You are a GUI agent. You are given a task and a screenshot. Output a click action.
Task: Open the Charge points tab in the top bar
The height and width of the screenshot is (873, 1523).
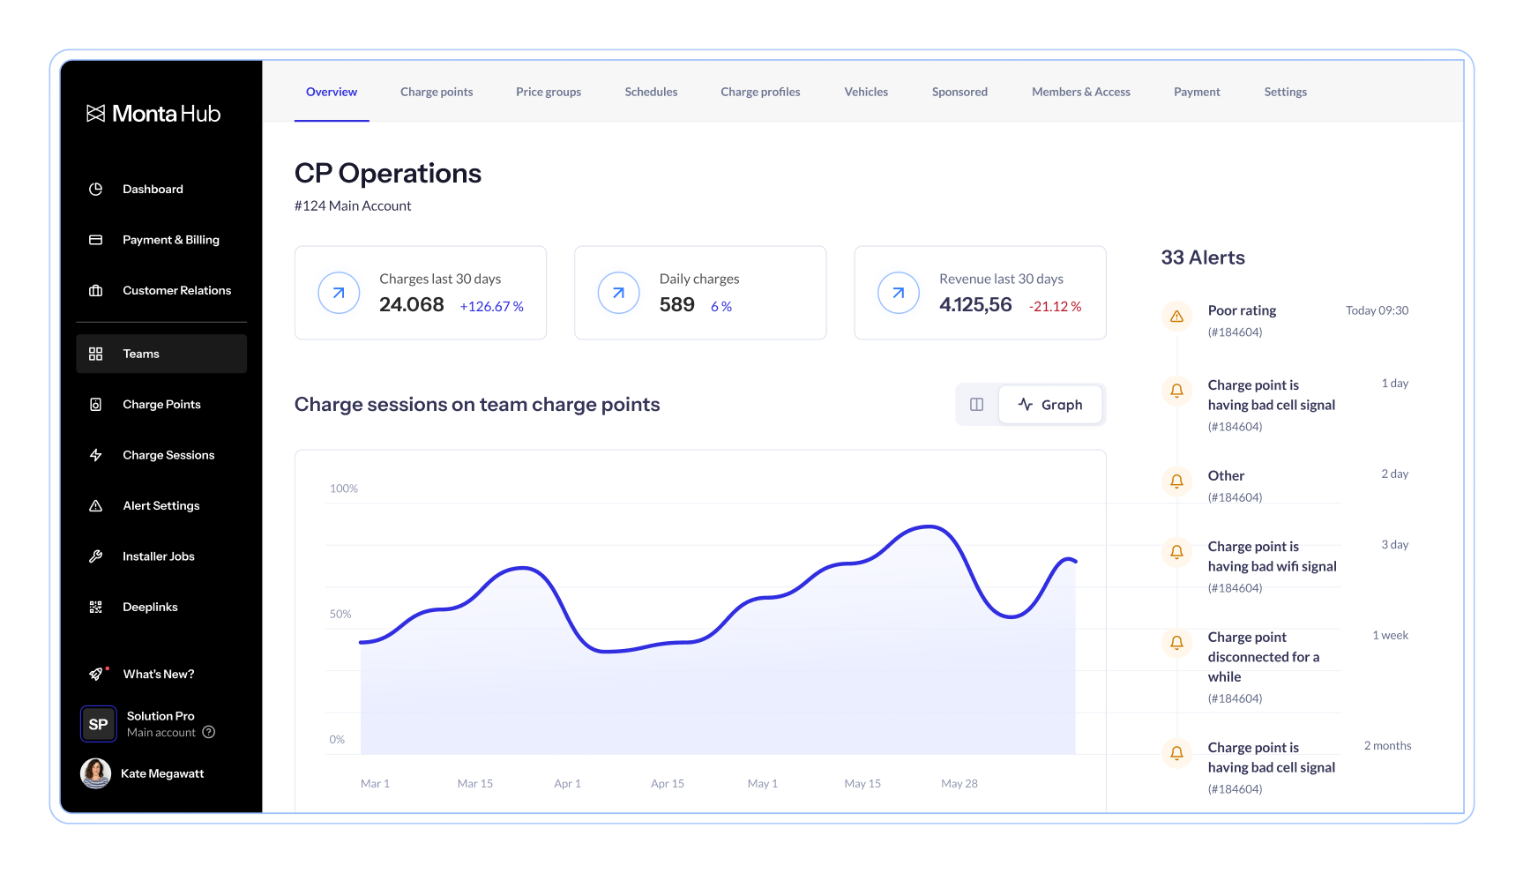437,92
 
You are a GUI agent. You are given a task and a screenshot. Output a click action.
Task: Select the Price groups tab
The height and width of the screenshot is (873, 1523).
549,92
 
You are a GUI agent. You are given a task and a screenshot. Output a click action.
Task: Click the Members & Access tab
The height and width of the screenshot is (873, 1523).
1081,92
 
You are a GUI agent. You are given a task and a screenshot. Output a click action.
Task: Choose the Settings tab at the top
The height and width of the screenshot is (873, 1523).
1286,92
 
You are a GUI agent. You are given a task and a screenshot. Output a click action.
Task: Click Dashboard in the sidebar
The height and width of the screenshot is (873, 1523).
153,189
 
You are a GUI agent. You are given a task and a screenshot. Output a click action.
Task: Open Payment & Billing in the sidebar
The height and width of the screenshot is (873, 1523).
171,240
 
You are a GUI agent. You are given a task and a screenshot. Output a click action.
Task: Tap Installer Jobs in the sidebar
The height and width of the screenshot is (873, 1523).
159,556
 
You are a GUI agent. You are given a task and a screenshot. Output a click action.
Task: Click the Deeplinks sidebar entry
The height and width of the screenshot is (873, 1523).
150,607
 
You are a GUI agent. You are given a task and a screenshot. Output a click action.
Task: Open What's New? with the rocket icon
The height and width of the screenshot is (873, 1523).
159,674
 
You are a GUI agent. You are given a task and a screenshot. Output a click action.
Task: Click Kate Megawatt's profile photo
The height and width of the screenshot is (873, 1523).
96,773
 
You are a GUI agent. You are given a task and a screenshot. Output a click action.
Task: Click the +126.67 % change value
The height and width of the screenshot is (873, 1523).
491,306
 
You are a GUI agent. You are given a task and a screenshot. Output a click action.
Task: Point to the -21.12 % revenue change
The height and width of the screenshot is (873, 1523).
1055,306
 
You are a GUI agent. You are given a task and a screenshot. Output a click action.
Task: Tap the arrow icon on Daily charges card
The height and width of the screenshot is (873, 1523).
619,293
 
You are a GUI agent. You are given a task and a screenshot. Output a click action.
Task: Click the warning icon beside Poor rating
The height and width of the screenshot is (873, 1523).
1176,316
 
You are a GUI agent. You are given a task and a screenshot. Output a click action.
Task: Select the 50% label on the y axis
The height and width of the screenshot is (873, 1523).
340,614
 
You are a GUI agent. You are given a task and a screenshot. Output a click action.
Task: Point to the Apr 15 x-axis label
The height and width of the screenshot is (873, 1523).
668,783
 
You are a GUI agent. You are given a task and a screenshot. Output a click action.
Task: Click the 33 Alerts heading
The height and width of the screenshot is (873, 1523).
1203,257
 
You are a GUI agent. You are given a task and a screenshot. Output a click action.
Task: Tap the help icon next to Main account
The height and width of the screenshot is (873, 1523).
209,732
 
